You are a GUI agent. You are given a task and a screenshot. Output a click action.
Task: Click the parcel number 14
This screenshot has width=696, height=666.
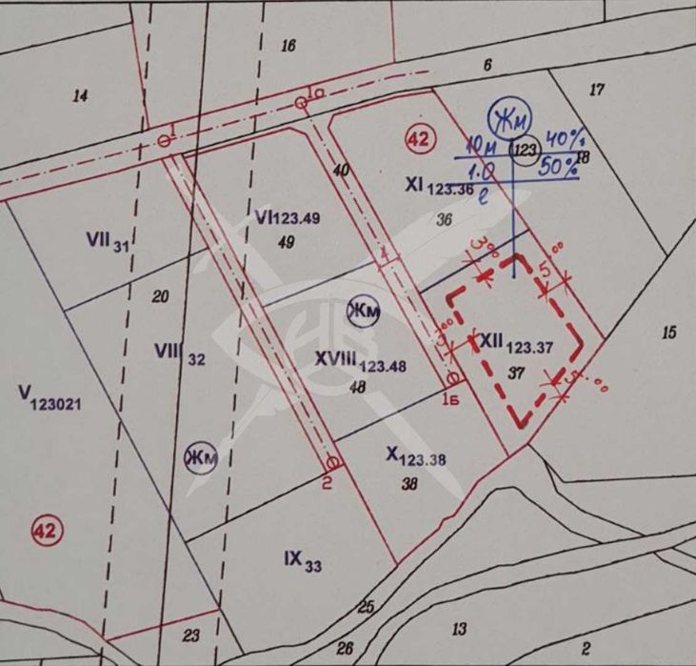pyautogui.click(x=80, y=95)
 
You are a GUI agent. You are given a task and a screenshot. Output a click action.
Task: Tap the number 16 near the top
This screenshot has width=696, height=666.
pyautogui.click(x=289, y=45)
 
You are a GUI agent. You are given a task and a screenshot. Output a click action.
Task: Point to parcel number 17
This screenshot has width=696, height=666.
pyautogui.click(x=597, y=90)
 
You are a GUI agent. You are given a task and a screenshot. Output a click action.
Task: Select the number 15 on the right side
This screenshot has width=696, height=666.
pyautogui.click(x=668, y=332)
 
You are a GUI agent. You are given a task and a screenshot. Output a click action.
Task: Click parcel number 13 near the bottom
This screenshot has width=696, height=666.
pyautogui.click(x=459, y=628)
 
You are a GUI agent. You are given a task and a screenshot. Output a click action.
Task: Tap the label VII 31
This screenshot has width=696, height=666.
pyautogui.click(x=107, y=242)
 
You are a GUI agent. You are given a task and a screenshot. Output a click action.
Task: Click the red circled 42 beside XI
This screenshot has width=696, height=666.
pyautogui.click(x=419, y=139)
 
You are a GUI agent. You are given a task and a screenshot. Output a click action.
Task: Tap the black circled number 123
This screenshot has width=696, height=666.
pyautogui.click(x=525, y=148)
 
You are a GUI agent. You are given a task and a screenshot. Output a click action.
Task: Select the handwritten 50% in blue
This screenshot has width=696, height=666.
pyautogui.click(x=559, y=168)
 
